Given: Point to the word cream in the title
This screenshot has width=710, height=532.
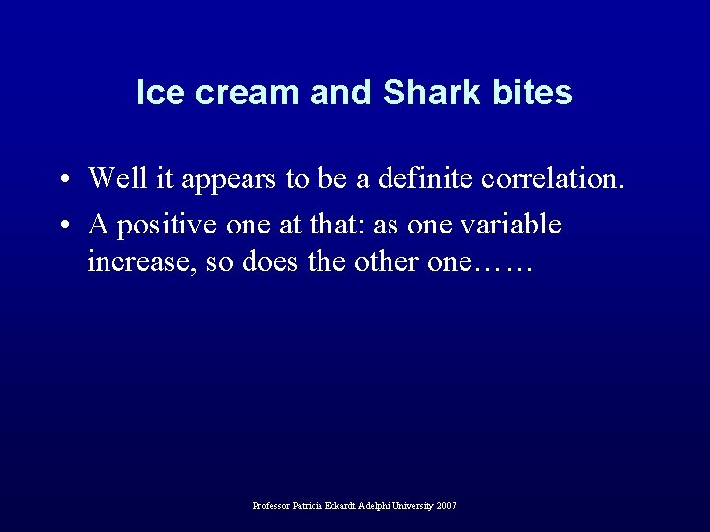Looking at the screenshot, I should point(237,93).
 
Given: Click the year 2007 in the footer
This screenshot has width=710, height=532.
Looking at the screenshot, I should point(445,506).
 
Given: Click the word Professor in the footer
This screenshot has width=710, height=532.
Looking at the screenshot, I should point(273,506).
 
